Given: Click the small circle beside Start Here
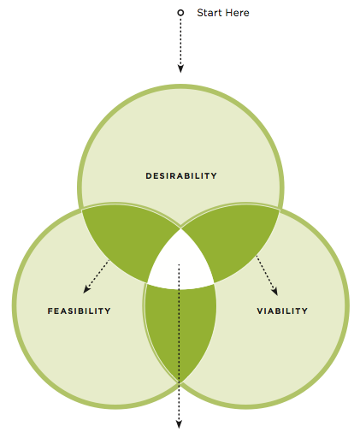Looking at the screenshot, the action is pos(180,13).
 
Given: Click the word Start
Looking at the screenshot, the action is pos(210,13).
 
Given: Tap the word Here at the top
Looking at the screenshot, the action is pos(238,13).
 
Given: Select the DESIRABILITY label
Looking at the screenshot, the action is pos(181,175).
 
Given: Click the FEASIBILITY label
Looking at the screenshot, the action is pos(79,311).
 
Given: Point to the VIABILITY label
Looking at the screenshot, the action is pos(282,311).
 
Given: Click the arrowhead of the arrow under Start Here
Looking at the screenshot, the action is pos(180,68).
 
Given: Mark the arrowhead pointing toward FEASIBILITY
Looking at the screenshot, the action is pos(86,289).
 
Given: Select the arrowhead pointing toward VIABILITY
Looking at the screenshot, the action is pos(274,292).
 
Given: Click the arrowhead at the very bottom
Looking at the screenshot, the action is pos(179,424).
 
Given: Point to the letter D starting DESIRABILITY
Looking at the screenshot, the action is pos(149,175).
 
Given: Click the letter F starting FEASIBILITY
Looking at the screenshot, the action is pos(50,311).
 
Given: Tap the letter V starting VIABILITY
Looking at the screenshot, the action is pos(260,311).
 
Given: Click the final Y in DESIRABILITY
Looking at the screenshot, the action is pos(214,175).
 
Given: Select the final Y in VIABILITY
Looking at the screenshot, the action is pos(304,311).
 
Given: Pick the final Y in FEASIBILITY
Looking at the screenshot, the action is pos(108,311).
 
